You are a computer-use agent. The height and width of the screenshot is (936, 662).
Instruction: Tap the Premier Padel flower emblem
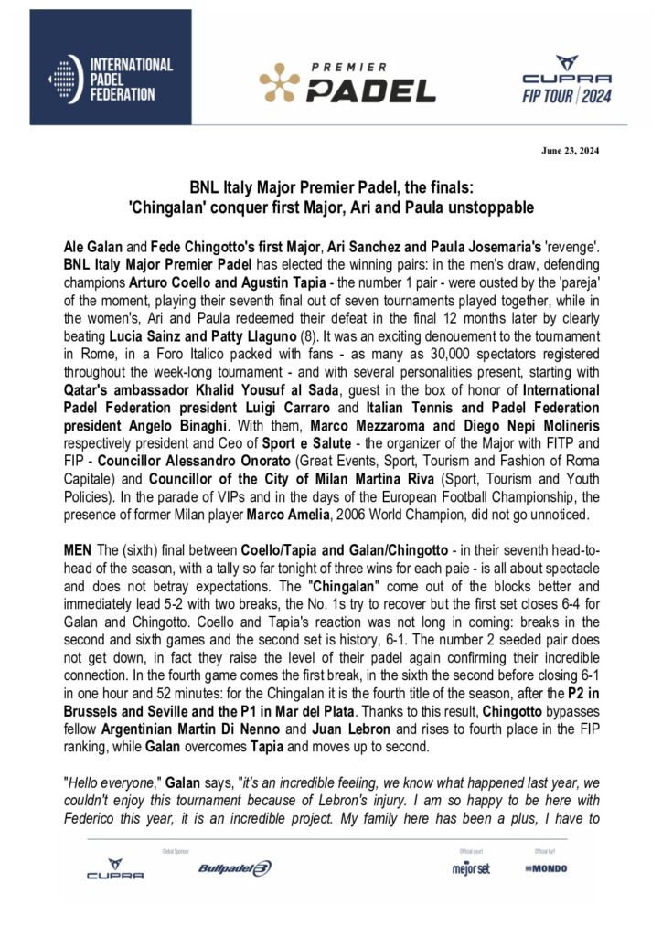(279, 83)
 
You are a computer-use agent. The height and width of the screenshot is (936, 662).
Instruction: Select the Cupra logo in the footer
(115, 868)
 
